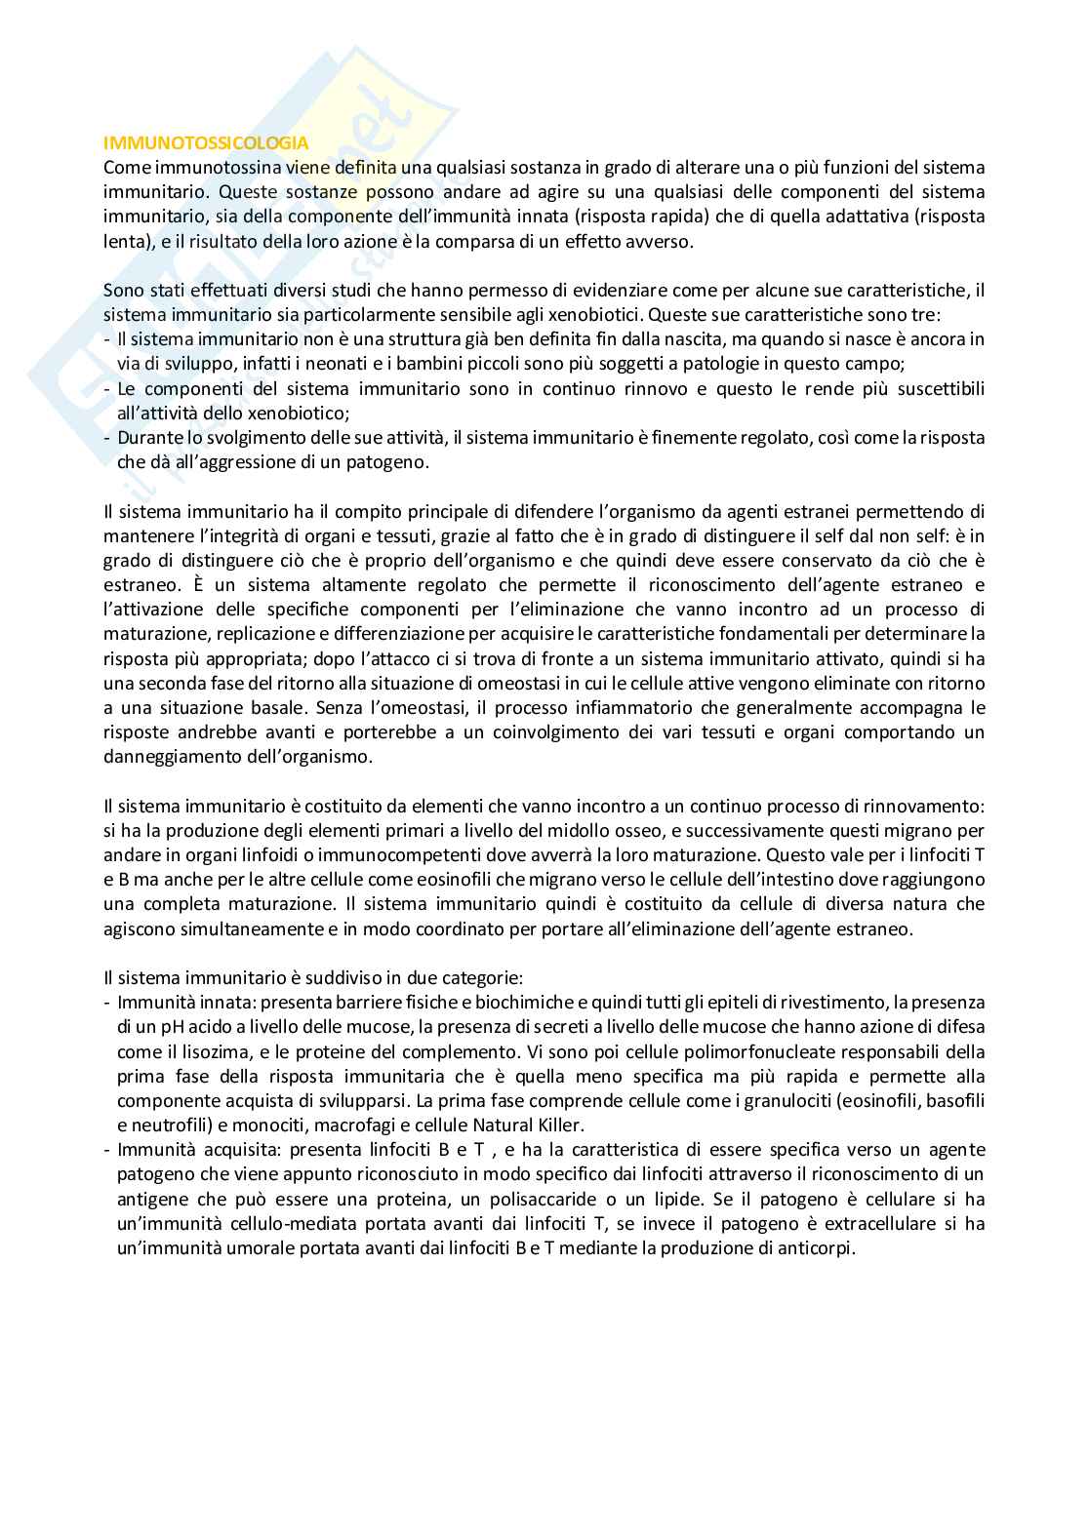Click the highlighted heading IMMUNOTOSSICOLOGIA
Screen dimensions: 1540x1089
tap(206, 143)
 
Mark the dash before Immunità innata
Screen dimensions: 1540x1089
tap(107, 1003)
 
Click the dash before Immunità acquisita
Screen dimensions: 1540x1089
tap(107, 1150)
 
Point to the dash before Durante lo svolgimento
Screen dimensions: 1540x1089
tap(107, 438)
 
